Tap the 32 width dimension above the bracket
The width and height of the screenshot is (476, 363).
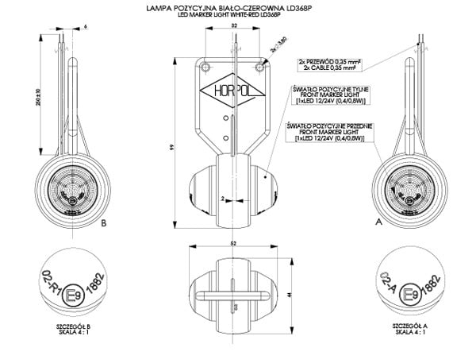pyautogui.click(x=235, y=26)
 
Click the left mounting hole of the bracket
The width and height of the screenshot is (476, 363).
pyautogui.click(x=206, y=64)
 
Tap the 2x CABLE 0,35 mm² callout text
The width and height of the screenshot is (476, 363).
pyautogui.click(x=327, y=68)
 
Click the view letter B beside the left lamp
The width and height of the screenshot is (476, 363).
pyautogui.click(x=105, y=224)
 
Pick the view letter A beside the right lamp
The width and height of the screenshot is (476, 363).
pyautogui.click(x=379, y=224)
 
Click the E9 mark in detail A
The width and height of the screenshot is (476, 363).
pyautogui.click(x=412, y=296)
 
